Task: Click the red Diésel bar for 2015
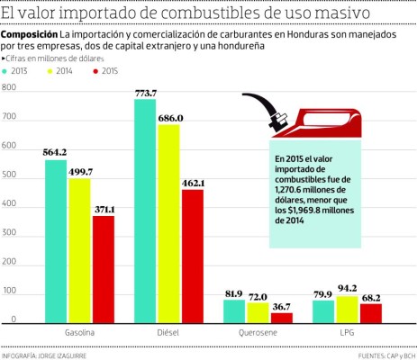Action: tap(192, 256)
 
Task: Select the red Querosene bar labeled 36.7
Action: tap(281, 317)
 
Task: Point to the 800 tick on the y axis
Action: tap(9, 88)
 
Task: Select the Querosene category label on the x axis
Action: tap(258, 333)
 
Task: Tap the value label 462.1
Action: tap(192, 183)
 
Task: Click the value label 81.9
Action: tap(234, 293)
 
